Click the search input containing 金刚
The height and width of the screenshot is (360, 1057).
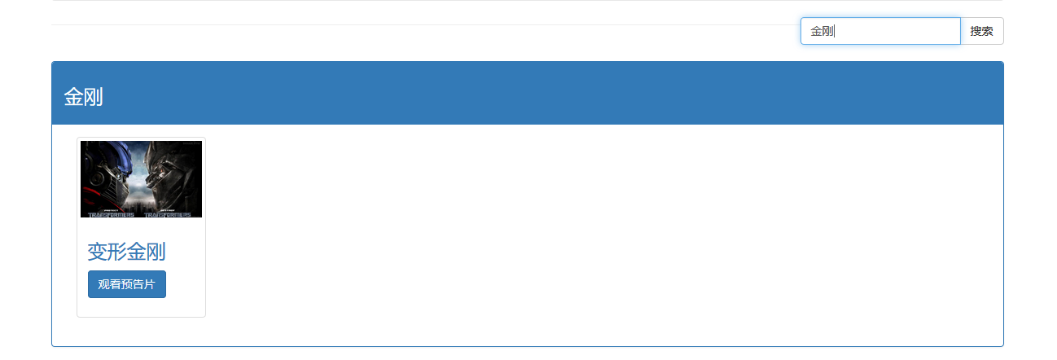click(879, 31)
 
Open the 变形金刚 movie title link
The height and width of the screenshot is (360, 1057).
click(126, 252)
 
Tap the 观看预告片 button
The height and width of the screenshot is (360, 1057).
click(127, 284)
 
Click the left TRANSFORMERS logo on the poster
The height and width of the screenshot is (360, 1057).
click(110, 215)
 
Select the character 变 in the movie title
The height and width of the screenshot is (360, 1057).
click(97, 252)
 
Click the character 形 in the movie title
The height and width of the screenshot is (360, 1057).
click(116, 252)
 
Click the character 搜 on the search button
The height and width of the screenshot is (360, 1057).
click(976, 31)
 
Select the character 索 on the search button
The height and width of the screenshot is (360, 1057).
click(987, 31)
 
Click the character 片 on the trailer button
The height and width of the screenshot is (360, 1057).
click(150, 284)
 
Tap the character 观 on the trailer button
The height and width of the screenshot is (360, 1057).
click(103, 284)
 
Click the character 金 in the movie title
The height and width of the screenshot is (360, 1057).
click(136, 252)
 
